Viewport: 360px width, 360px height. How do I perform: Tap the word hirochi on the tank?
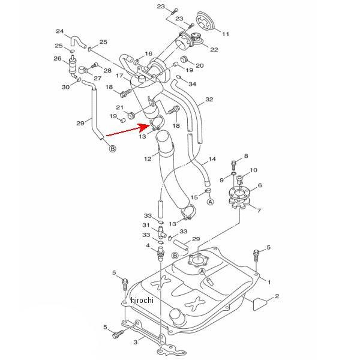[x=142, y=300]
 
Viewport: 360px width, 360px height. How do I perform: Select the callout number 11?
[x=226, y=34]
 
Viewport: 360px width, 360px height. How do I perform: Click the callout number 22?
[x=214, y=50]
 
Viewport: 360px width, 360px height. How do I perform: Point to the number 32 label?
[x=209, y=99]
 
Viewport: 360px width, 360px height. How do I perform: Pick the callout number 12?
[x=148, y=158]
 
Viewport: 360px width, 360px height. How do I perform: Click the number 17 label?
[x=119, y=76]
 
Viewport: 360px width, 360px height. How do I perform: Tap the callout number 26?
[x=58, y=59]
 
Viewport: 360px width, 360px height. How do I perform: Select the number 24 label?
[x=60, y=31]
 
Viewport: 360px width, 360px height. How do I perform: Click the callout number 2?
[x=277, y=296]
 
